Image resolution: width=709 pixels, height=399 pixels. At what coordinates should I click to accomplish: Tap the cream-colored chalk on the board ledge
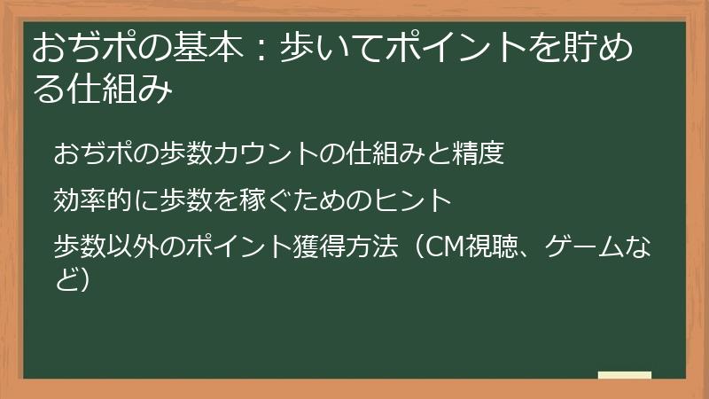click(624, 375)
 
